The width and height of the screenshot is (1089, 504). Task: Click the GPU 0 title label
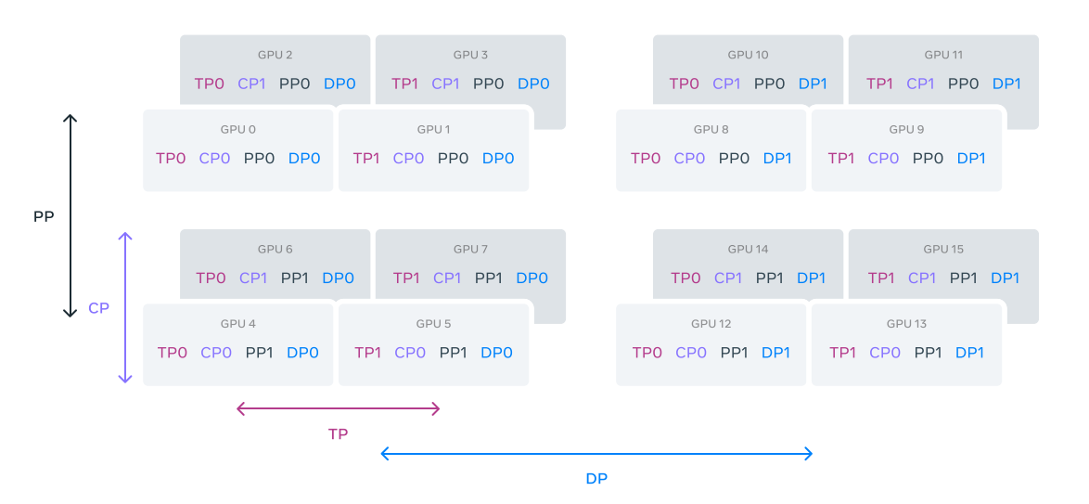coord(238,129)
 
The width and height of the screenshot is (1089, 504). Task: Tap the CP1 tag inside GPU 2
coord(251,84)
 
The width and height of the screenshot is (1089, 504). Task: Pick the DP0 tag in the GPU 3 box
coord(533,84)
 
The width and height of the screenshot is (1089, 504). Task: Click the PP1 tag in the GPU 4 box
coord(261,353)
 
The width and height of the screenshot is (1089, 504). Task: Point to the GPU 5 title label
coord(434,324)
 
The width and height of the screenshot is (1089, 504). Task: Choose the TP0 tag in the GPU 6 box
coord(211,278)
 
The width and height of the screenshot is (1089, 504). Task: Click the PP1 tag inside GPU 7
coord(490,278)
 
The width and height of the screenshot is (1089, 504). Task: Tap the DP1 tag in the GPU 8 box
coord(777,158)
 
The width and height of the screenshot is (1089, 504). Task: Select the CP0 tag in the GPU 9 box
coord(883,158)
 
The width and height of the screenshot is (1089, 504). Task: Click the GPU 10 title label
coord(748,55)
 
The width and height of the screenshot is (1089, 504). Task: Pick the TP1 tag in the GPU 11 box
coord(879,84)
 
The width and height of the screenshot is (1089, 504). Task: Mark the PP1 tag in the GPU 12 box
coord(735,353)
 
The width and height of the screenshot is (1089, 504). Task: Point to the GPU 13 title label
coord(906,324)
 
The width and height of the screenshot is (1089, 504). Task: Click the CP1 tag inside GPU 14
coord(728,278)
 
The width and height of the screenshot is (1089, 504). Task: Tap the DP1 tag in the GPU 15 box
coord(1005,278)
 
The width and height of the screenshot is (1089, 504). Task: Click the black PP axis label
coord(44,216)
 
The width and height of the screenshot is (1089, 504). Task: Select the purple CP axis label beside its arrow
coord(99,308)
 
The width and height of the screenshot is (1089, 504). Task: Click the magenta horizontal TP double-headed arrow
coord(339,408)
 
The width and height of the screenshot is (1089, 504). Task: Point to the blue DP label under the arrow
coord(596,479)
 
